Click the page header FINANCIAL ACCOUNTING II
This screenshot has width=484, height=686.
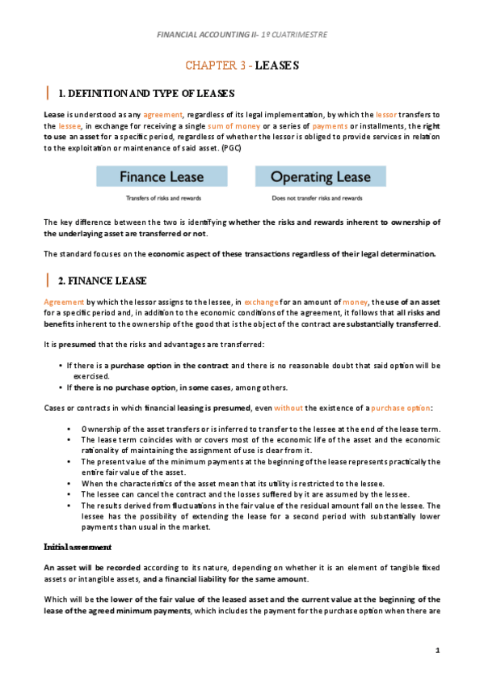click(241, 35)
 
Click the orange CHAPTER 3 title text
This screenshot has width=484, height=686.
click(218, 65)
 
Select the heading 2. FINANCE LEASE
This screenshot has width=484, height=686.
click(103, 281)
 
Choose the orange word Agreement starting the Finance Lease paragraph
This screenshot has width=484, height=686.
click(63, 300)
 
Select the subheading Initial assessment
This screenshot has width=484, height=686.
click(77, 524)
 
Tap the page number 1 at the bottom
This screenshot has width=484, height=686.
click(437, 650)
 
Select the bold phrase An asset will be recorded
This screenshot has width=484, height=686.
click(93, 546)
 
